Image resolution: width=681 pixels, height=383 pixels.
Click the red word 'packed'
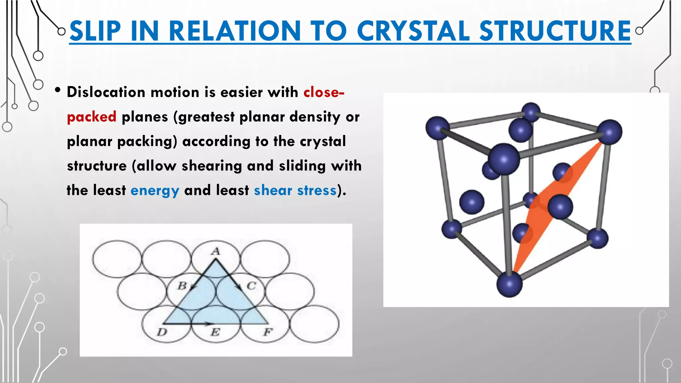[x=91, y=117]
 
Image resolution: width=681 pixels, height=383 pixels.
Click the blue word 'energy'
[x=155, y=191]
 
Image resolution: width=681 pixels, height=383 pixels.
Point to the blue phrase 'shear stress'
[x=295, y=191]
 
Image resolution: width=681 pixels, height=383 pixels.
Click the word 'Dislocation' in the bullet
[x=106, y=92]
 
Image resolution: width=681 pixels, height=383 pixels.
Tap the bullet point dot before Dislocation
[x=58, y=90]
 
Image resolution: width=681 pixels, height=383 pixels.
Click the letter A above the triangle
[x=216, y=251]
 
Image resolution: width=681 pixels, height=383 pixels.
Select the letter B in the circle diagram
[x=182, y=285]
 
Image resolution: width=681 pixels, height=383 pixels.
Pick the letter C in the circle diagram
[x=251, y=286]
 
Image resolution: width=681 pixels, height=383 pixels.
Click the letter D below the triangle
[x=162, y=332]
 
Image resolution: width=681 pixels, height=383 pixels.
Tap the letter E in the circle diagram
[x=215, y=332]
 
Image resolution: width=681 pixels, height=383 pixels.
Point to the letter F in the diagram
[x=268, y=332]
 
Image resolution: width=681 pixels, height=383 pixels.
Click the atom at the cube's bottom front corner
[x=509, y=285]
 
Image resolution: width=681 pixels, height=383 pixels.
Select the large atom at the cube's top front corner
[x=504, y=159]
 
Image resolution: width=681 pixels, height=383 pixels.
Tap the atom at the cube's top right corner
[x=609, y=132]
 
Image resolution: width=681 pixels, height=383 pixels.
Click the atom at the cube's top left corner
[x=437, y=128]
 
